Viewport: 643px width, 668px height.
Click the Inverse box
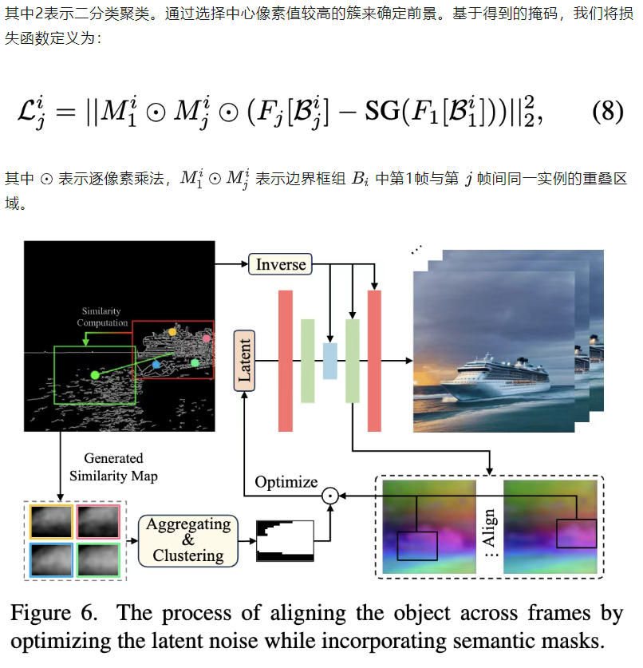[280, 264]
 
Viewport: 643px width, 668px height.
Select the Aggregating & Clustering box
[188, 540]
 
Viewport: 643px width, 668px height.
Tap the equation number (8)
[606, 111]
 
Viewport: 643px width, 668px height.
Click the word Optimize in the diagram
[286, 482]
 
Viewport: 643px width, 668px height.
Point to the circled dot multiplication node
[328, 496]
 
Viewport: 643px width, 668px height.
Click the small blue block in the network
[330, 360]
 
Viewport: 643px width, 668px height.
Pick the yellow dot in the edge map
[172, 331]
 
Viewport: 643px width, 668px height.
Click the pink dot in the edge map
[207, 338]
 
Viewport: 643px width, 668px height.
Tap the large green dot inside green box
[95, 374]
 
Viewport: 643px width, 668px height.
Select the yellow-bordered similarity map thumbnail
[50, 521]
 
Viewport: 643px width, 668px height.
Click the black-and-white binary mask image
[283, 539]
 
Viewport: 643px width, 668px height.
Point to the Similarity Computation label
[102, 317]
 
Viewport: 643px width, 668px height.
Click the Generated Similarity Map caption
[112, 467]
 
